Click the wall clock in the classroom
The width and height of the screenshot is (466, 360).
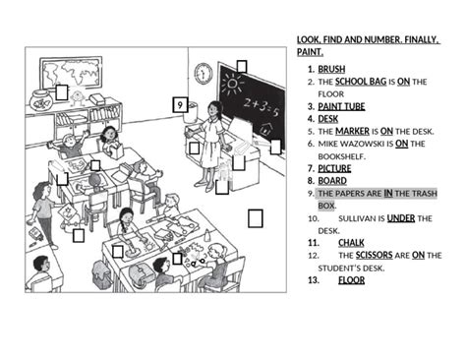click(x=204, y=73)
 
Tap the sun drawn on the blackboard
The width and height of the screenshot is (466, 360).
click(x=231, y=82)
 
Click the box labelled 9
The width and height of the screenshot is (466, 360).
click(x=180, y=104)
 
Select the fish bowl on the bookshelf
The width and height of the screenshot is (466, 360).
click(x=40, y=98)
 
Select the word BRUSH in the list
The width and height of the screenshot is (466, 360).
click(x=331, y=70)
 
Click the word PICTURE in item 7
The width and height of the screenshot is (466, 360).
click(x=334, y=168)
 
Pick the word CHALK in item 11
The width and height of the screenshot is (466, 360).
click(x=352, y=242)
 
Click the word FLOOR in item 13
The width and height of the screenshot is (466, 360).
click(x=352, y=279)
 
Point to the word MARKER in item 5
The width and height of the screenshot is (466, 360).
click(x=352, y=131)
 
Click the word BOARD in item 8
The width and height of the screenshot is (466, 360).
click(x=332, y=181)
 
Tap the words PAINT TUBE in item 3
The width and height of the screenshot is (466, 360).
click(x=341, y=106)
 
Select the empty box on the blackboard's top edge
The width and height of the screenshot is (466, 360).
click(x=241, y=67)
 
